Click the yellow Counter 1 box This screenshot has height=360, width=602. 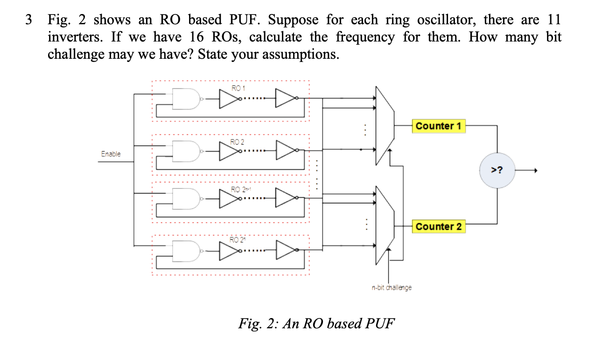click(438, 126)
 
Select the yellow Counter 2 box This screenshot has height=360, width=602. click(438, 227)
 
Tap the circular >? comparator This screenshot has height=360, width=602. click(497, 170)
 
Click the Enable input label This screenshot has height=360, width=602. click(111, 154)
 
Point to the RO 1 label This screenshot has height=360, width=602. click(238, 88)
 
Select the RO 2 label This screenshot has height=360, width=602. click(238, 141)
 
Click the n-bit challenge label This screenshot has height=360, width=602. click(392, 288)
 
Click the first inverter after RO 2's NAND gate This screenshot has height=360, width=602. click(229, 150)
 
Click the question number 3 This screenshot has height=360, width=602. click(29, 20)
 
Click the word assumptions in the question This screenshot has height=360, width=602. click(297, 55)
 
